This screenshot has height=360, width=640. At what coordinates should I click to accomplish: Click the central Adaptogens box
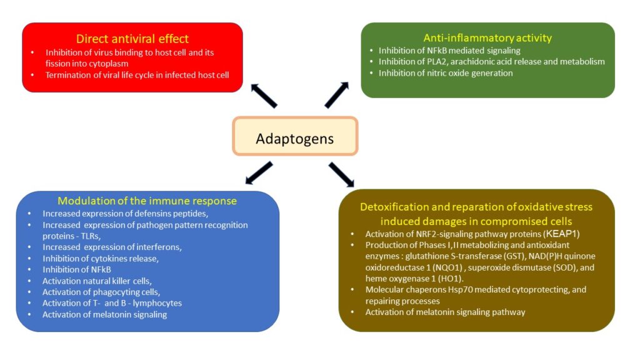(x=295, y=136)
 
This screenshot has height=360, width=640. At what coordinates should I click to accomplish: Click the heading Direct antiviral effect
(x=132, y=39)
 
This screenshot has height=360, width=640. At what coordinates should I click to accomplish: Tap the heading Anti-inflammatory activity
(x=487, y=38)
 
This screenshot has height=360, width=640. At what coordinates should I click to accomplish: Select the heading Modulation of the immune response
(x=147, y=201)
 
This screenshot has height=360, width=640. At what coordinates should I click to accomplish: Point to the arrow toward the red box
(x=264, y=96)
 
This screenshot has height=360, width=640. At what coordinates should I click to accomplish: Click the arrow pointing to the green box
(x=337, y=95)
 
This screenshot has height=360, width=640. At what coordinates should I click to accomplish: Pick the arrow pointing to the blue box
(x=259, y=173)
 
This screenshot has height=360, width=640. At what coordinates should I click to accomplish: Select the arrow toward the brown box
(x=341, y=175)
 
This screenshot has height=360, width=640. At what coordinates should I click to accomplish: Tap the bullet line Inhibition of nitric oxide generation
(x=446, y=73)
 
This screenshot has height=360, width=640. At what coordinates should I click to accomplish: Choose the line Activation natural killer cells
(x=97, y=281)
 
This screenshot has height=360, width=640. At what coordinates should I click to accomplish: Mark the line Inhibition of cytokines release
(x=101, y=258)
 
